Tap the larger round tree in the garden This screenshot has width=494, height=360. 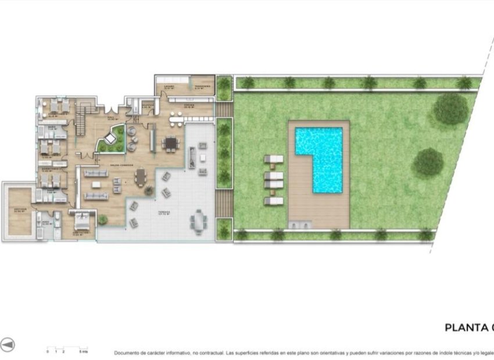pyautogui.click(x=451, y=109)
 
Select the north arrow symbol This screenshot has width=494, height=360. pyautogui.click(x=8, y=344)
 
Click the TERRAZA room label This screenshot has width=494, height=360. pyautogui.click(x=164, y=213)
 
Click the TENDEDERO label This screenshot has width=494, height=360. pyautogui.click(x=201, y=87)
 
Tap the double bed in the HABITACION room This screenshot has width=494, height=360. pyautogui.click(x=82, y=222)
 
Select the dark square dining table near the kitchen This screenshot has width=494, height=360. pyautogui.click(x=170, y=142)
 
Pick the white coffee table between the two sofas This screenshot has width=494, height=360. pyautogui.click(x=96, y=185)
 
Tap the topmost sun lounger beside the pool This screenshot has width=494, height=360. pyautogui.click(x=273, y=160)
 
